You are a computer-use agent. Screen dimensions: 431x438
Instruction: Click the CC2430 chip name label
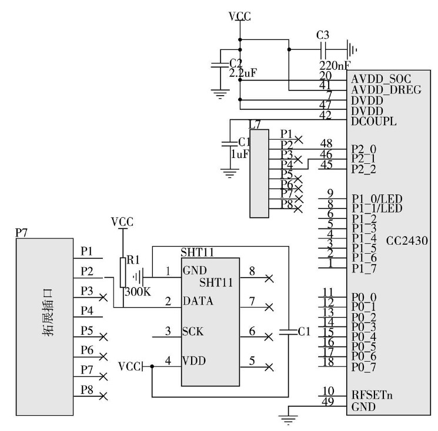click(x=407, y=241)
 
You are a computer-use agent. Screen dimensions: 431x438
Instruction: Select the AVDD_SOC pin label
click(x=380, y=78)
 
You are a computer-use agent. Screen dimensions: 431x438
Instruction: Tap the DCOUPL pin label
click(x=374, y=122)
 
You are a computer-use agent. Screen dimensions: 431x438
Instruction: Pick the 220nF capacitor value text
click(x=334, y=65)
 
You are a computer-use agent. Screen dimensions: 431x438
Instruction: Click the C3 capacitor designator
click(x=323, y=35)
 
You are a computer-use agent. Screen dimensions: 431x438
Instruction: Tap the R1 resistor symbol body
click(x=123, y=271)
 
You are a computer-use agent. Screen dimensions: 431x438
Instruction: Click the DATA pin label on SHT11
click(x=198, y=301)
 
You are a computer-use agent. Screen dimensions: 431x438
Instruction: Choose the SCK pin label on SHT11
click(x=193, y=331)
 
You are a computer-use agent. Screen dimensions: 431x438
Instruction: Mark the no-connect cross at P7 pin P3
click(x=104, y=298)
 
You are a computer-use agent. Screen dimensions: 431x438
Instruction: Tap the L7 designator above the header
click(x=255, y=124)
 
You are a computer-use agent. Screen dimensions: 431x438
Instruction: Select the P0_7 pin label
click(x=365, y=367)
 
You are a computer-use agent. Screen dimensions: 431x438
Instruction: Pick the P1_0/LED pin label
click(x=376, y=198)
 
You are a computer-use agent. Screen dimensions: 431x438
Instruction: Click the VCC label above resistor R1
click(x=122, y=222)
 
